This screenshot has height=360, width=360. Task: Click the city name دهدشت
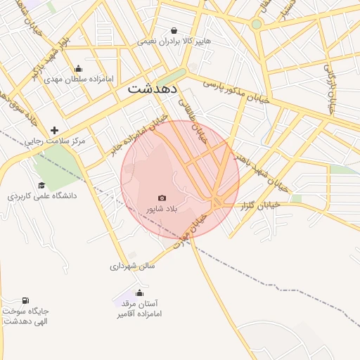[x=153, y=91]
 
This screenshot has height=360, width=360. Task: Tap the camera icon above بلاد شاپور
[x=162, y=198]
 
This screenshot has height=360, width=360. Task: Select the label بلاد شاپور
[x=162, y=210]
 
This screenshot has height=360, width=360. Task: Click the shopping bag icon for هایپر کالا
[x=174, y=31]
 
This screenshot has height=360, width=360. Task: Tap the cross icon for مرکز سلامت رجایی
[x=55, y=130]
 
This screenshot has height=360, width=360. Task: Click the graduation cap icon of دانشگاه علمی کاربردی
[x=42, y=185]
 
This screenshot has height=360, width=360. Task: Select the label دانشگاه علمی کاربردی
[x=42, y=195]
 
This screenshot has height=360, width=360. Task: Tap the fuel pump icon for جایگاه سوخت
[x=26, y=300]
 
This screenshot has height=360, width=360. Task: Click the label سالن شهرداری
[x=132, y=266]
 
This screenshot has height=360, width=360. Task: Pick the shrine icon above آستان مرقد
[x=139, y=292]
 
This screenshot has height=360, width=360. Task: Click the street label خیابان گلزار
[x=260, y=206]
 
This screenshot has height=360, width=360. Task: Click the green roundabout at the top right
[x=257, y=24]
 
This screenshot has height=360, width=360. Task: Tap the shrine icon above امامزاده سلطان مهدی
[x=77, y=69]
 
